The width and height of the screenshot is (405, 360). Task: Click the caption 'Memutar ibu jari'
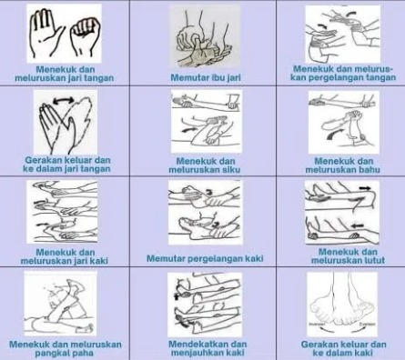pos(206,77)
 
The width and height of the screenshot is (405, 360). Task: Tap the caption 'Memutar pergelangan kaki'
pos(205,258)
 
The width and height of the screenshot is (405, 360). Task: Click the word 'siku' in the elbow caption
pos(231,169)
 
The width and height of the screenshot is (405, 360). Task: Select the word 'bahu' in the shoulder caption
pos(369,169)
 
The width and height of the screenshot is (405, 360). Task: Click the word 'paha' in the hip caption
pos(84,353)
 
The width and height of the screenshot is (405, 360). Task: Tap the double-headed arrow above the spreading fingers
pos(64,100)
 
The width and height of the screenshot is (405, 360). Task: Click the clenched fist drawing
pos(84,37)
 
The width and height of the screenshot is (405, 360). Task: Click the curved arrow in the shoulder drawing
pos(335,134)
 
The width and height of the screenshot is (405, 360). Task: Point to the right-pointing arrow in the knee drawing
pos(366,188)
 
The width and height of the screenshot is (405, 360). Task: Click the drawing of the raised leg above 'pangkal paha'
pos(61,304)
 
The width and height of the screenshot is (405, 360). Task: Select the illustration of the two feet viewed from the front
pos(342,304)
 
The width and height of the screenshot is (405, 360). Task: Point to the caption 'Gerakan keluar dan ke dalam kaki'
pos(343,348)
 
